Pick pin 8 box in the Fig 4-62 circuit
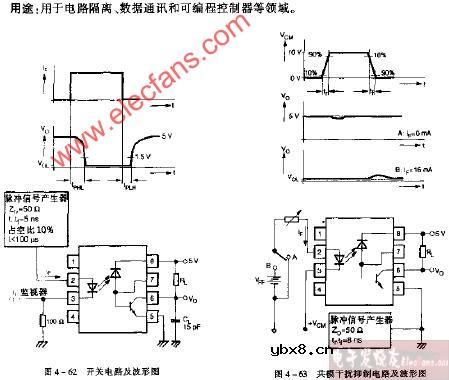(151, 258)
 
